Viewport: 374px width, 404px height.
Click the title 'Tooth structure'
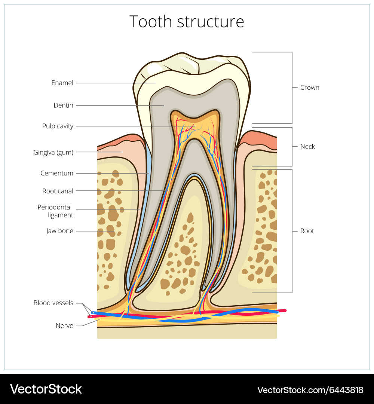coord(187,22)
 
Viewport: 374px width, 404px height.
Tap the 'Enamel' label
coord(62,83)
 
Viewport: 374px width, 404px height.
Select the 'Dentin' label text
coord(63,105)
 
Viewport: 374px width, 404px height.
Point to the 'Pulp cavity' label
coord(58,126)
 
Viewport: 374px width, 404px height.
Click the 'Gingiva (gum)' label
coord(53,152)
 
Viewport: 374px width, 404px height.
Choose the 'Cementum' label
coord(57,173)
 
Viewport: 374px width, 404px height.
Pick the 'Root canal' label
coord(58,191)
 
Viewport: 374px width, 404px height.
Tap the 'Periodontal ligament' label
coord(55,211)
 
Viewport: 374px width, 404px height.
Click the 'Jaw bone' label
coord(59,231)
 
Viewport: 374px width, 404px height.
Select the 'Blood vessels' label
coord(53,303)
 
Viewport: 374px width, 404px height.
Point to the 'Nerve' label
coord(64,326)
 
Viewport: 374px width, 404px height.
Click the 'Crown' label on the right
coord(310,88)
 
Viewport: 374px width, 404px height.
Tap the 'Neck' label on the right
coord(307,147)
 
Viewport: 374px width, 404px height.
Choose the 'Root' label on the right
coord(307,231)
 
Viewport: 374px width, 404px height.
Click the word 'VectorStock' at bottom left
coord(46,389)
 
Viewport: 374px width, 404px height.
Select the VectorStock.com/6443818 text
coord(310,390)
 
